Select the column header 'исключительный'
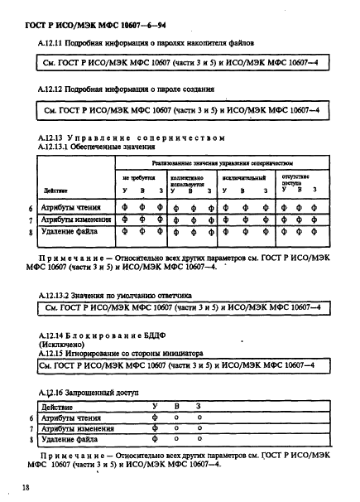[242, 176]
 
